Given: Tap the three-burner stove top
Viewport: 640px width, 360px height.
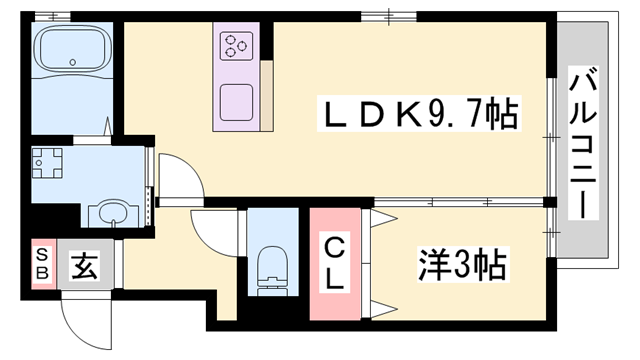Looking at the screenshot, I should tap(237, 45).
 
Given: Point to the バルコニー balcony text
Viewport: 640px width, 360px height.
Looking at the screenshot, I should tap(582, 141).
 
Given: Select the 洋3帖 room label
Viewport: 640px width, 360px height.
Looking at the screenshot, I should tap(461, 266).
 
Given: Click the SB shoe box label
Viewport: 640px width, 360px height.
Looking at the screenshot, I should tap(42, 265).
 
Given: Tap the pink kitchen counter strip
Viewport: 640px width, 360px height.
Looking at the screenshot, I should tap(266, 95).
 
